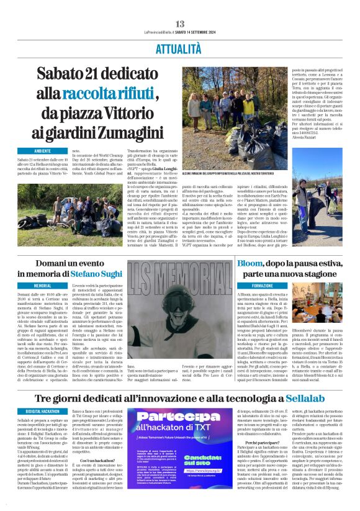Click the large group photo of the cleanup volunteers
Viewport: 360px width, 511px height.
click(229, 114)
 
